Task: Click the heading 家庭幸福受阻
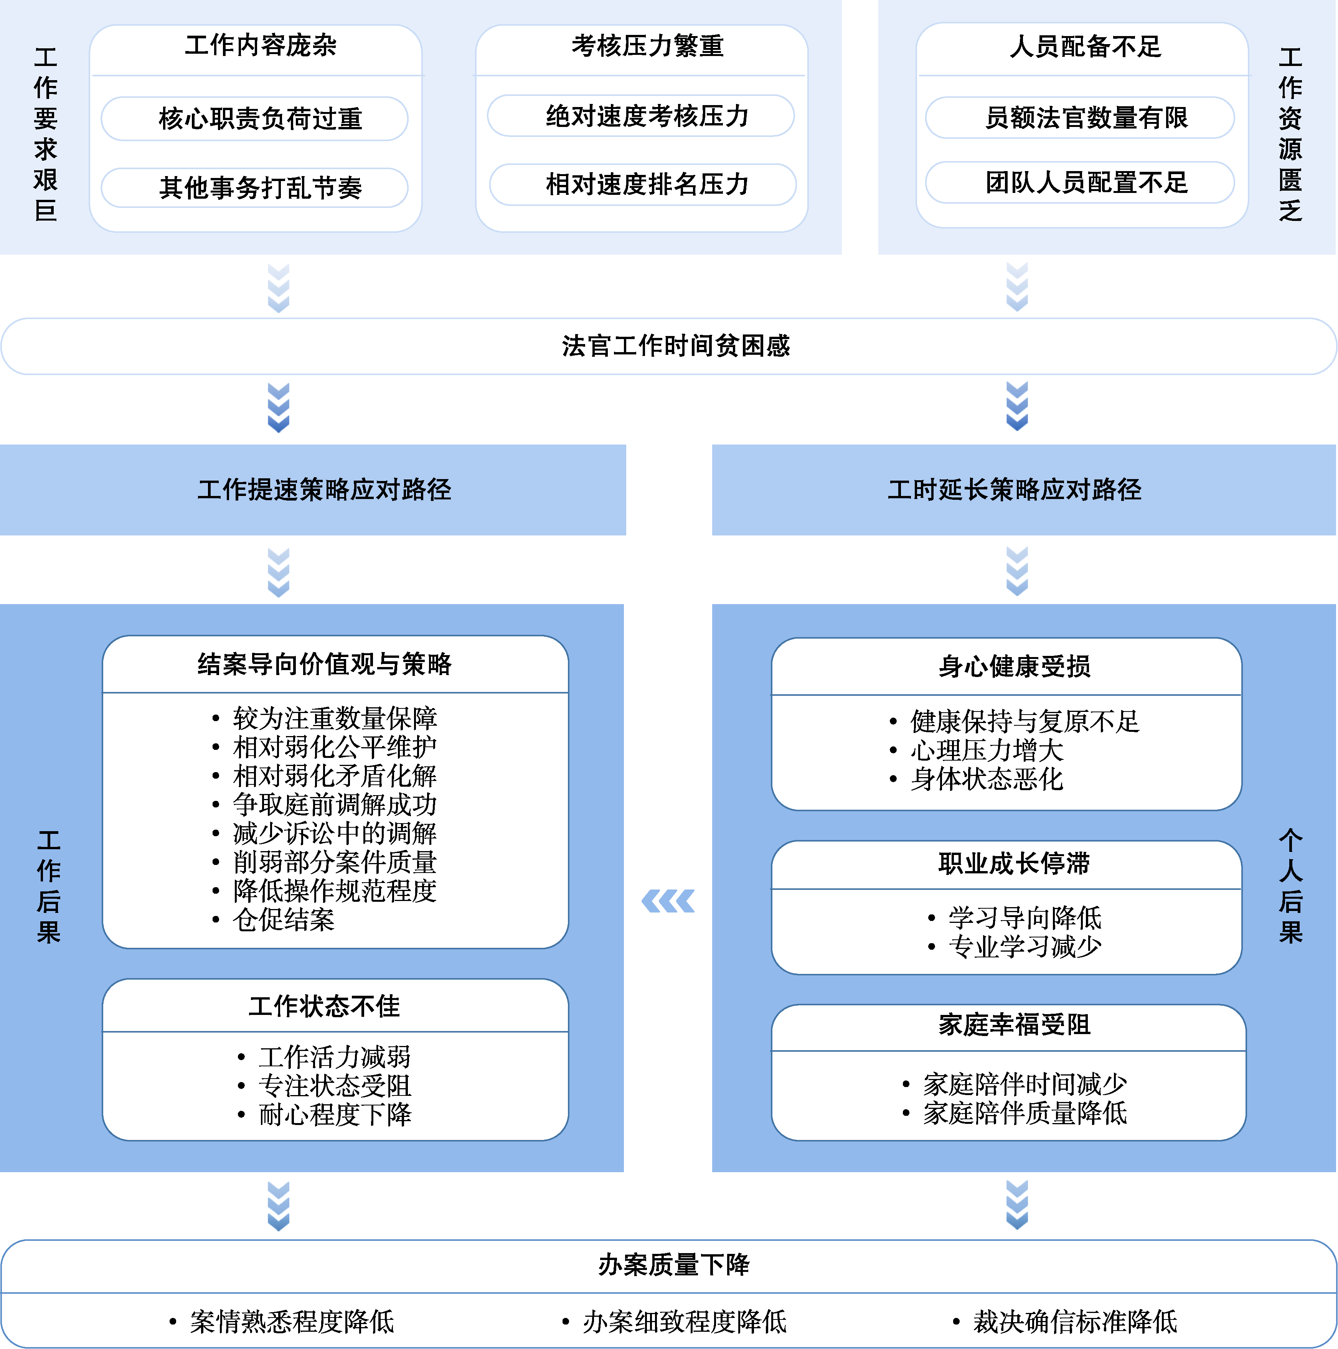coord(1014,1025)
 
